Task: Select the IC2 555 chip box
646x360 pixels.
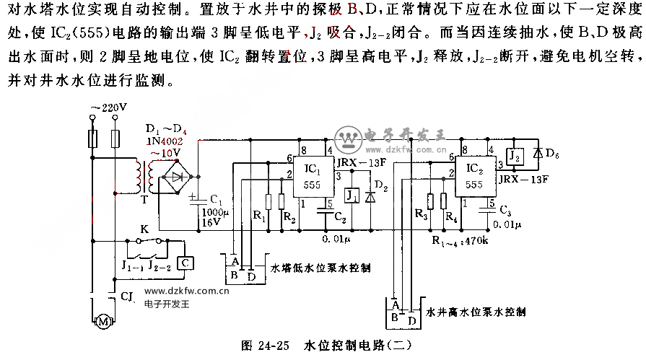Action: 473,176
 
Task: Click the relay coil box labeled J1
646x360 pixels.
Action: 351,196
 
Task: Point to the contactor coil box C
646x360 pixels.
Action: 185,263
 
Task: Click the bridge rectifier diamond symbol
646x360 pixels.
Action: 175,176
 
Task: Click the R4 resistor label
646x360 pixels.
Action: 452,217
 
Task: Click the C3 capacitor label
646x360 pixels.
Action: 505,210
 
